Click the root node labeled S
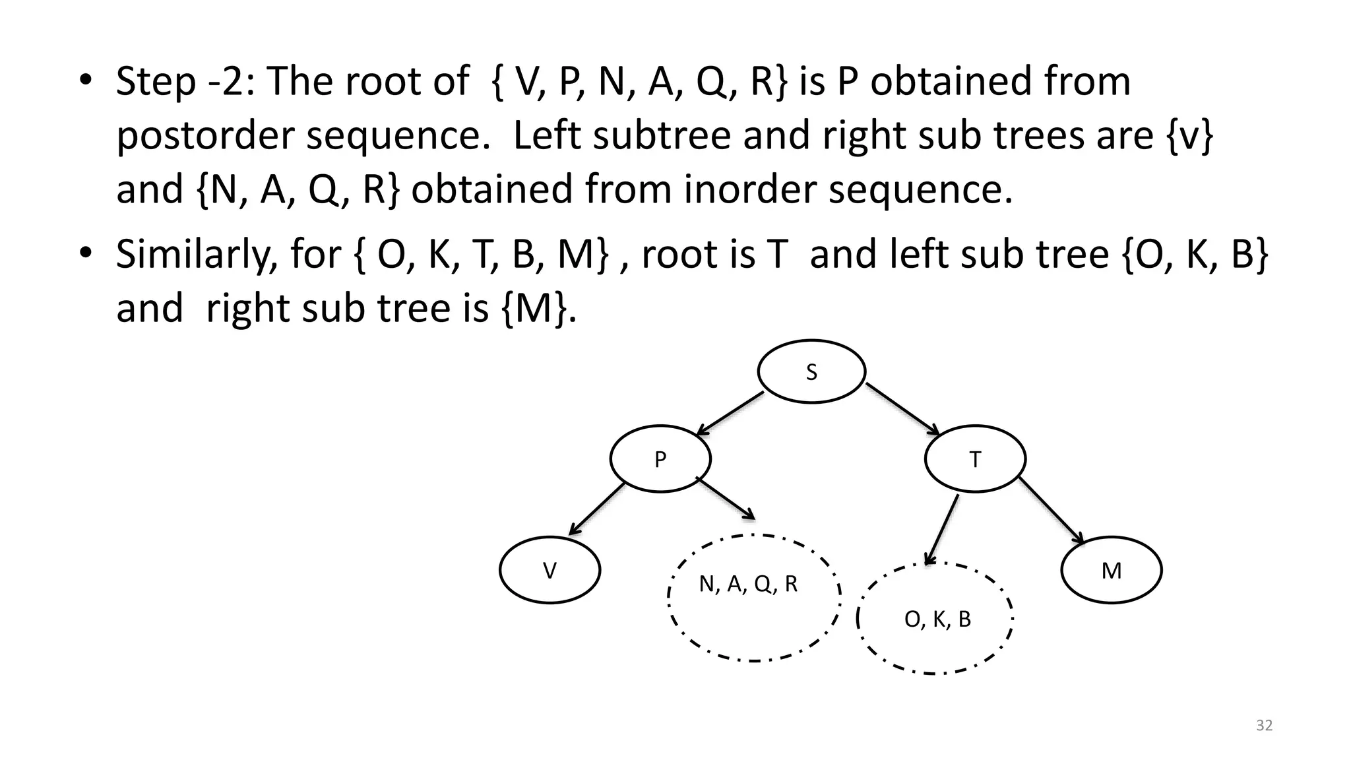click(811, 372)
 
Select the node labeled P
click(660, 459)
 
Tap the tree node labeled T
click(975, 459)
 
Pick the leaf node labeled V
click(550, 571)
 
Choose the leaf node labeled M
click(1112, 571)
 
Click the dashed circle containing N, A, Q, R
click(754, 598)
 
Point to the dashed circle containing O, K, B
click(935, 619)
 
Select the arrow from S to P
click(730, 414)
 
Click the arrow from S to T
click(902, 409)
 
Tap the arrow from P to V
click(596, 509)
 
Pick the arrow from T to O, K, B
click(942, 530)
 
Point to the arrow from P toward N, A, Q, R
click(725, 499)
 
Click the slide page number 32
click(1264, 726)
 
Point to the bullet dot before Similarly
click(85, 254)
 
